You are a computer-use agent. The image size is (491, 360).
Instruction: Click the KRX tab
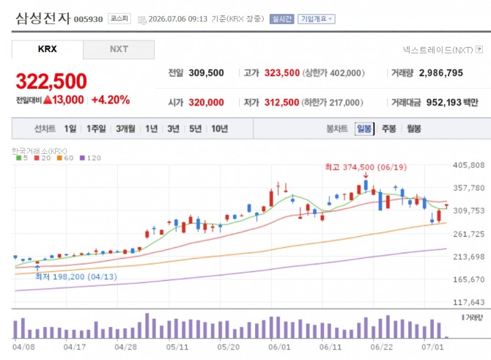tap(48, 49)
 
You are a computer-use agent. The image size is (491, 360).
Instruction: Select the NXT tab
tap(119, 49)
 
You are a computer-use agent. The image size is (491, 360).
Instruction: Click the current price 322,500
tap(51, 81)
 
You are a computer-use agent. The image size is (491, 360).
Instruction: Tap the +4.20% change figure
tap(111, 100)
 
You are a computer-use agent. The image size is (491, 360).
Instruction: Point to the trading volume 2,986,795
tap(441, 73)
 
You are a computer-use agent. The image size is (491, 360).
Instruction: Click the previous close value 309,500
tap(206, 73)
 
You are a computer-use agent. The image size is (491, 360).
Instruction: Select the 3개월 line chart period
tap(125, 128)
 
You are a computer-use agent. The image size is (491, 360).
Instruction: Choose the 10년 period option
tap(220, 128)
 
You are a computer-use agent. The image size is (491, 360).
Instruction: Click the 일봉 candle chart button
tap(364, 128)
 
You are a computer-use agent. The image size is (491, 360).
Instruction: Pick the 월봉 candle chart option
tap(413, 128)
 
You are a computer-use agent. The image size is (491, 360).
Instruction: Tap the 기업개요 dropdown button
tap(317, 19)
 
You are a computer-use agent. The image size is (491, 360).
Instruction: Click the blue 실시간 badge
tap(282, 19)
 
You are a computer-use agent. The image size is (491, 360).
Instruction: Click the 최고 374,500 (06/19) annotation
tap(366, 167)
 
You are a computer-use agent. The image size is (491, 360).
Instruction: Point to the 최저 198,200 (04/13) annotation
tap(76, 276)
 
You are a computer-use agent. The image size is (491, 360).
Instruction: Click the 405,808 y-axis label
tap(468, 165)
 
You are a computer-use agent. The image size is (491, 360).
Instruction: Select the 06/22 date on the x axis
tap(381, 347)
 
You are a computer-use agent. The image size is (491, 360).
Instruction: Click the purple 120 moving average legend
tap(90, 158)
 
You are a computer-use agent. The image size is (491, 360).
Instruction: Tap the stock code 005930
tap(88, 19)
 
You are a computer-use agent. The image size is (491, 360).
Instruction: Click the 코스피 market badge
tap(119, 18)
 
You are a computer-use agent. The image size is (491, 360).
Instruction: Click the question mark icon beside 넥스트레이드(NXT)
tap(479, 50)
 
